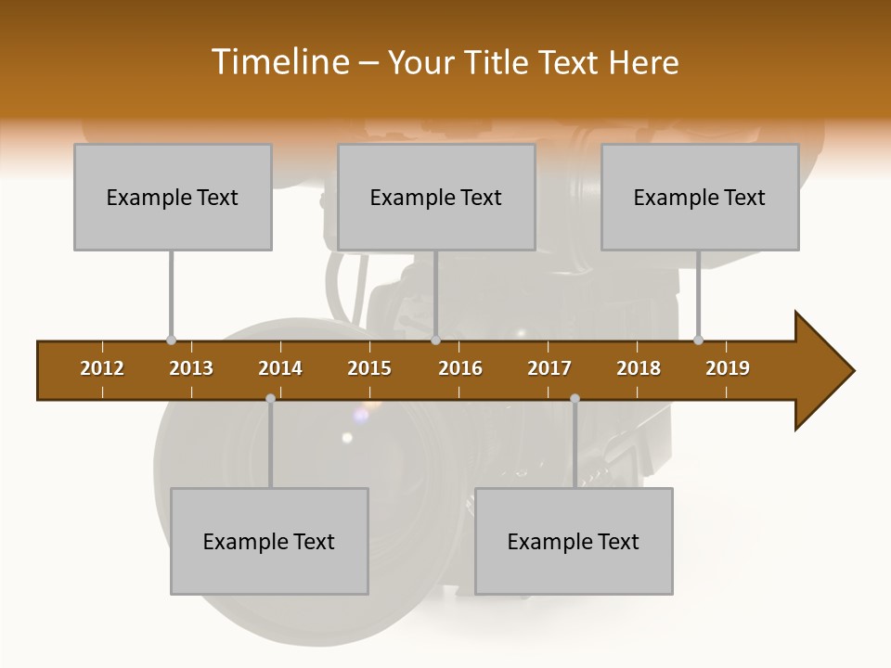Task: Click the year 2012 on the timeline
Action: click(102, 368)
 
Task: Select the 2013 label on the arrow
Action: click(191, 368)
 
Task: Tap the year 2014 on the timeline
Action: click(280, 368)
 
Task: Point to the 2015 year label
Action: click(369, 368)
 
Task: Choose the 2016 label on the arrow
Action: click(460, 368)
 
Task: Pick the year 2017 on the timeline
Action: click(549, 368)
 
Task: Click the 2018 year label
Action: click(639, 368)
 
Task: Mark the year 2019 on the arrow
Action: click(728, 368)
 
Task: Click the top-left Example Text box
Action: click(173, 197)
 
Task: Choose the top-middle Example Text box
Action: click(436, 197)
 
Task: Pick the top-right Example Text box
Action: click(700, 197)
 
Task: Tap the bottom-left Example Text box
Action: click(269, 541)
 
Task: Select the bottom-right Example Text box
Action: click(574, 541)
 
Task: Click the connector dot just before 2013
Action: click(171, 340)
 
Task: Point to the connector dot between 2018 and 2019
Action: click(698, 340)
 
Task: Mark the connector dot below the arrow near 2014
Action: click(270, 399)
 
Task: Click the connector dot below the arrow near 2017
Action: click(575, 399)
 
